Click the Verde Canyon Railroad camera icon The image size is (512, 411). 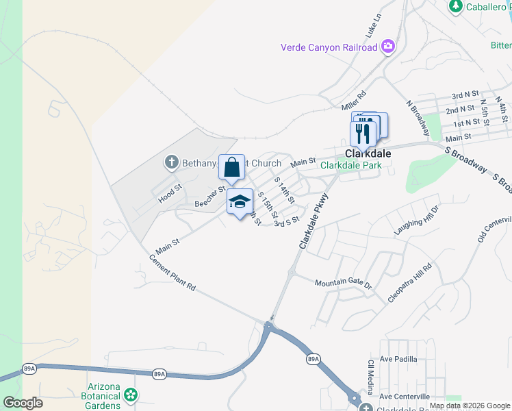point(388,47)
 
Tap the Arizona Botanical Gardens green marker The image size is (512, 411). point(130,395)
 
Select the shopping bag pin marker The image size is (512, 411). point(231,168)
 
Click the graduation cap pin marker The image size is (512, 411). point(240,202)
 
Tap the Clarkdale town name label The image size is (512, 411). point(368,153)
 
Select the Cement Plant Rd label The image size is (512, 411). point(172,274)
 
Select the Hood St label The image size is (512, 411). point(170,193)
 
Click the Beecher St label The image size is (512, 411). point(210,197)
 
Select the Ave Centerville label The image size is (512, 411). point(405,397)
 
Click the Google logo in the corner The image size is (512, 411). point(23,403)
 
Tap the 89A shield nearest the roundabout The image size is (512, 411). point(313,358)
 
